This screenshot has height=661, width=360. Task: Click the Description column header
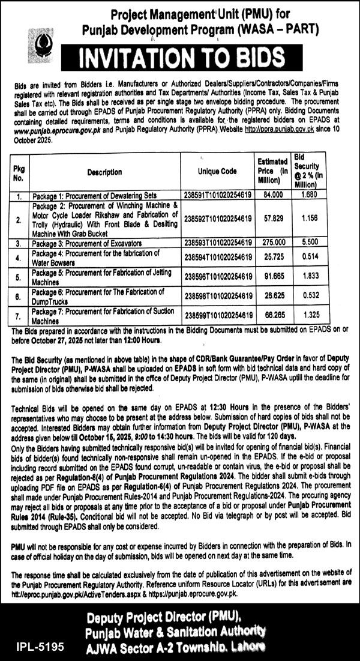[x=104, y=172]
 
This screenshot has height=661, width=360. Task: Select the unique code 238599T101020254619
[x=218, y=315]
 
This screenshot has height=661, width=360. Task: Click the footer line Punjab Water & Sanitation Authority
[x=176, y=630]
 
